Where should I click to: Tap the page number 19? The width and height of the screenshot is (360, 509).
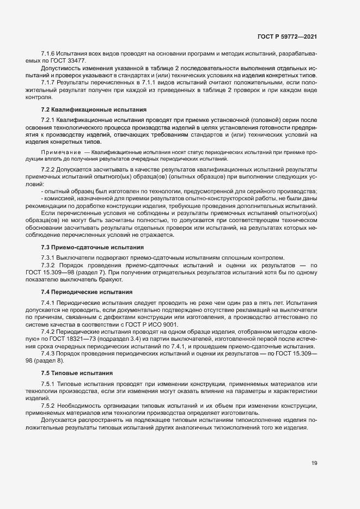point(314,463)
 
